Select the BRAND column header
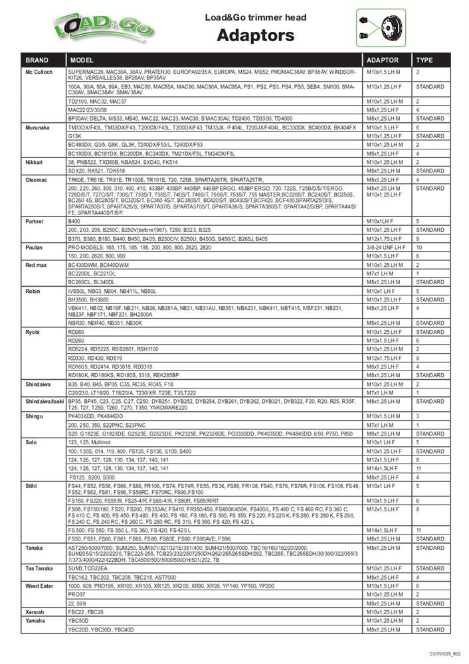[x=37, y=59]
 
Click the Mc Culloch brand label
[x=39, y=71]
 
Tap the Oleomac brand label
[x=37, y=179]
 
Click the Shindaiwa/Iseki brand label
[x=43, y=401]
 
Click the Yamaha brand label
[x=36, y=620]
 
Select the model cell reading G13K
[x=74, y=135]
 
